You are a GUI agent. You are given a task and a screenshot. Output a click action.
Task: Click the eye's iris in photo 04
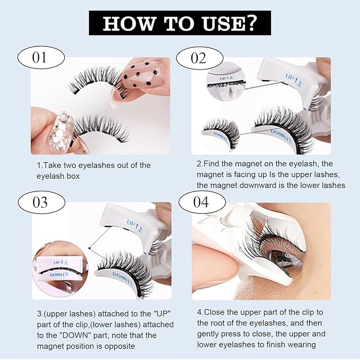(x=281, y=257)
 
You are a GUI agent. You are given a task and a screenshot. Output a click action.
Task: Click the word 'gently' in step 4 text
(x=209, y=334)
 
